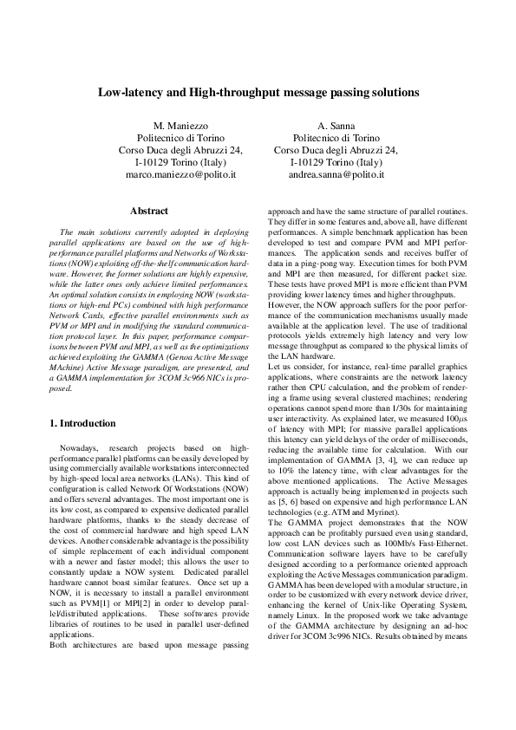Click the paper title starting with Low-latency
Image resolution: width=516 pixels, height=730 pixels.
pyautogui.click(x=258, y=91)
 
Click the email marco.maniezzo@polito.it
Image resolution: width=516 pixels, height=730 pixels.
pyautogui.click(x=180, y=174)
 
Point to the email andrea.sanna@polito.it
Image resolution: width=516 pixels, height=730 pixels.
pyautogui.click(x=336, y=174)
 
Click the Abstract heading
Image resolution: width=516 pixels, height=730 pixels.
pyautogui.click(x=148, y=211)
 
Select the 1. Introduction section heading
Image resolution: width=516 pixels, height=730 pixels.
pyautogui.click(x=82, y=423)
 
